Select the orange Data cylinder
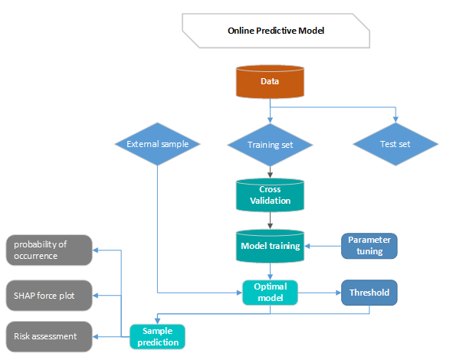coord(269,83)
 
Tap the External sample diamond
coord(157,143)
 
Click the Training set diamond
coord(269,144)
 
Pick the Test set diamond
coord(395,144)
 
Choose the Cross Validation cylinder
coord(269,195)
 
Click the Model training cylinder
coord(269,246)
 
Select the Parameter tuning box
coord(369,246)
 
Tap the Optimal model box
coord(269,293)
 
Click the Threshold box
coord(369,293)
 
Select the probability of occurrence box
coord(49,250)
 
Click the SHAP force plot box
coord(49,293)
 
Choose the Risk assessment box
coord(49,335)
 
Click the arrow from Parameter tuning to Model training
coord(322,246)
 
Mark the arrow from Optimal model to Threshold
coord(319,293)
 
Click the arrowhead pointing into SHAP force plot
coord(97,294)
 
